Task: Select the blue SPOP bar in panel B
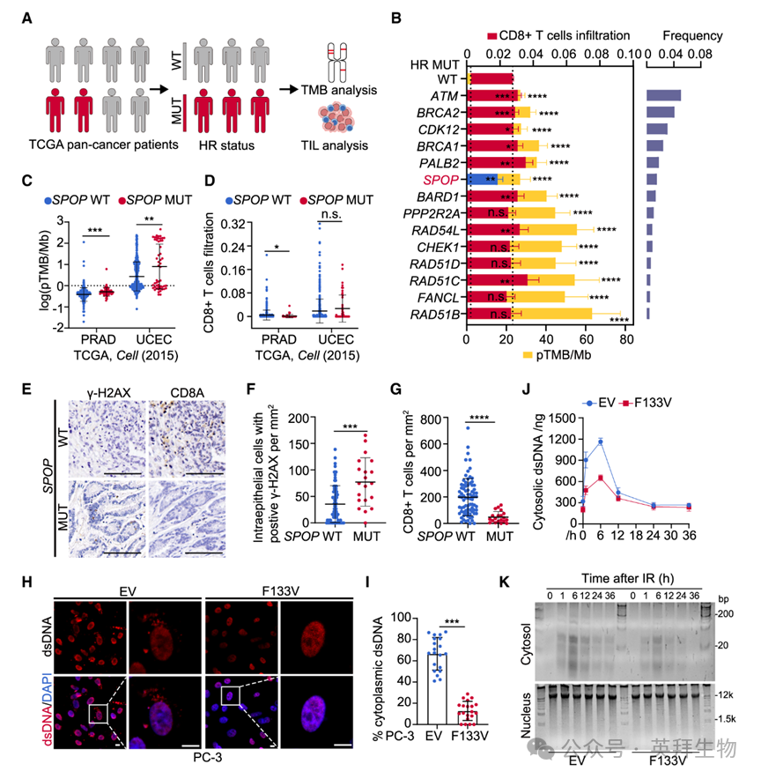tap(483, 179)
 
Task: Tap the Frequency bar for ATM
tap(663, 95)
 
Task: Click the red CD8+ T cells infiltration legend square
tap(494, 36)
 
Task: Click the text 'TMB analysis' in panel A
tap(339, 90)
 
